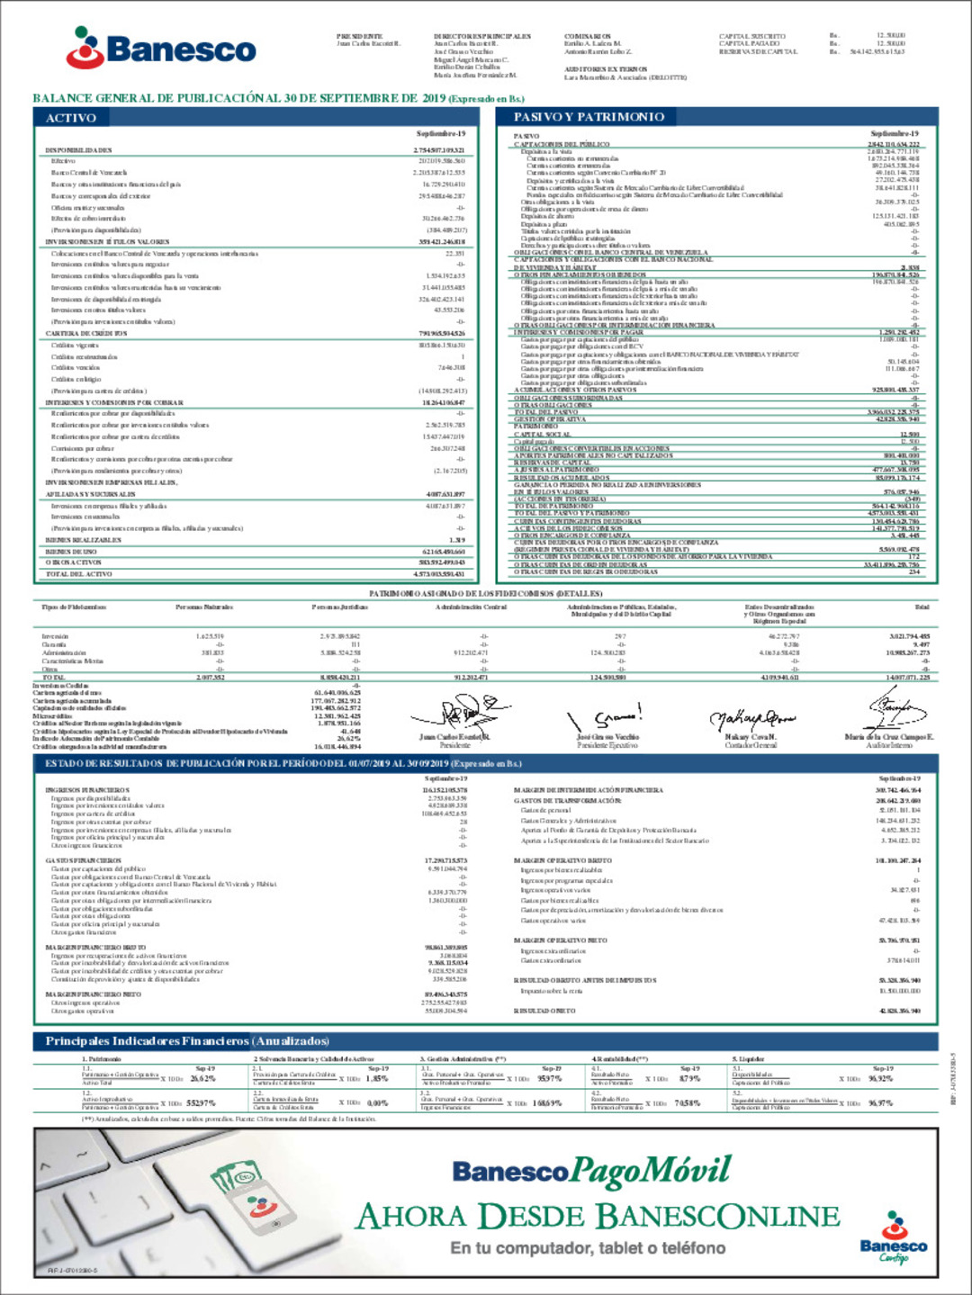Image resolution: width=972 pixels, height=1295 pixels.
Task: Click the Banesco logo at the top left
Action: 162,48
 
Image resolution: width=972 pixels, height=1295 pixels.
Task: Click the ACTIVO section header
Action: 71,118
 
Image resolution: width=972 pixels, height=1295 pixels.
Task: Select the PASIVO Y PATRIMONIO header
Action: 589,117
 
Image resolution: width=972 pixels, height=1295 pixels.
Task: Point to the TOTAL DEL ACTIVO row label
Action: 79,573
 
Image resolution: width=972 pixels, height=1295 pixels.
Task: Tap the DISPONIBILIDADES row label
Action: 79,150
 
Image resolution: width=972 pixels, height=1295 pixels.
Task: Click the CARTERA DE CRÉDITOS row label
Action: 86,333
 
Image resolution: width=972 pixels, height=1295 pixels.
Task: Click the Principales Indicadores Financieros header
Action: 187,1040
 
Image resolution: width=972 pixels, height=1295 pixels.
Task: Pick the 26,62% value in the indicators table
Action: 203,1078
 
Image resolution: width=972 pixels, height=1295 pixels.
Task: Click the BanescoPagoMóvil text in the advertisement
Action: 591,1171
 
